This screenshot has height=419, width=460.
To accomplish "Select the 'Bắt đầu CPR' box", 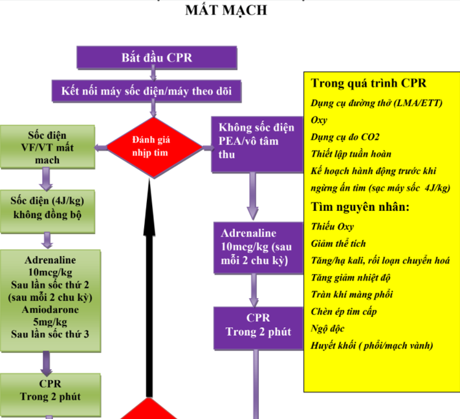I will point(157,58).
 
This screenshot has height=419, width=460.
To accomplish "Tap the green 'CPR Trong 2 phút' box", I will point(50,389).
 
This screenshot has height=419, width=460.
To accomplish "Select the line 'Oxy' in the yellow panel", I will point(320,120).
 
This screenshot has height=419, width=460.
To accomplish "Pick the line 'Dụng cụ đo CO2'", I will point(345,137).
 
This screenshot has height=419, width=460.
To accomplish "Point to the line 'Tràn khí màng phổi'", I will point(352,295).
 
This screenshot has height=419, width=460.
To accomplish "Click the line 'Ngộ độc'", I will point(329,328).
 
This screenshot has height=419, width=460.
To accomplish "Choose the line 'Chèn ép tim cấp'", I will point(344,312).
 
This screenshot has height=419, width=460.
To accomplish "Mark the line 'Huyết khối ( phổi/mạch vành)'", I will point(372,346).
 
